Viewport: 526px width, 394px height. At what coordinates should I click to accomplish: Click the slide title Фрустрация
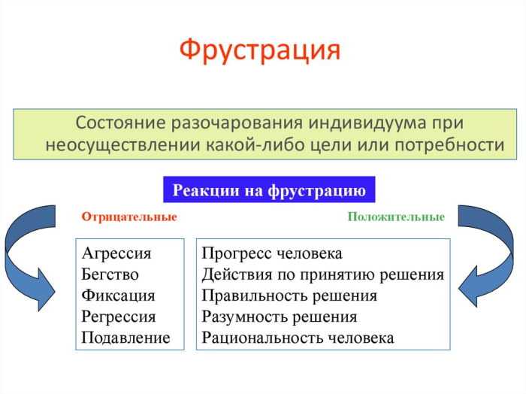260,50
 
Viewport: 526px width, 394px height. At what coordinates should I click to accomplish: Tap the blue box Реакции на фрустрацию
269,190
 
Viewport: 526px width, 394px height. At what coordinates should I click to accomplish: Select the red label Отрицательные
129,217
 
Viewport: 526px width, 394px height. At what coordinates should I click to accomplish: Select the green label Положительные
396,217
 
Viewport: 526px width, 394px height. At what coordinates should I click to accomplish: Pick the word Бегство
110,274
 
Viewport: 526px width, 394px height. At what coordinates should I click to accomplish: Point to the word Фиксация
118,295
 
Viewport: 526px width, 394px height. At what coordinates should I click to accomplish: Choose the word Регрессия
119,317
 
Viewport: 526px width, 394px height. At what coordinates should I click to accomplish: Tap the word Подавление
126,338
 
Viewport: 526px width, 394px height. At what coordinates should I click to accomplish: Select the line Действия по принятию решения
323,274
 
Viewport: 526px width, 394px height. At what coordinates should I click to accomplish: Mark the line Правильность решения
289,295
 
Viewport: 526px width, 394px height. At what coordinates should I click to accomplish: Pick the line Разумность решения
280,317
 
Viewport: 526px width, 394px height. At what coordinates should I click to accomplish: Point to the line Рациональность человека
298,338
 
